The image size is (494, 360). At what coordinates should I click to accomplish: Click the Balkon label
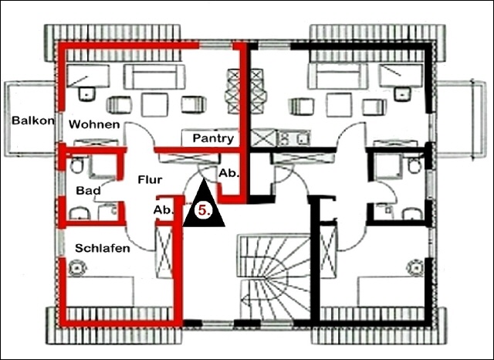pos(32,121)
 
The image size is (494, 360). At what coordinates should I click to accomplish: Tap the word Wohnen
pos(94,124)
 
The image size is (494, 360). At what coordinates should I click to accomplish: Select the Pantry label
pos(213,138)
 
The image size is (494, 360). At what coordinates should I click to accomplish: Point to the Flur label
pos(150,179)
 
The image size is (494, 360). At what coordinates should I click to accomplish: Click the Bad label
pos(89,190)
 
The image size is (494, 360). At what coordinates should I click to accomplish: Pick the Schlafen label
pos(103,248)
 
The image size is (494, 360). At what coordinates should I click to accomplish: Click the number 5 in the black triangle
pos(204,210)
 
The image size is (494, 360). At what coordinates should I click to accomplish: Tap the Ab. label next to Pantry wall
pos(228,173)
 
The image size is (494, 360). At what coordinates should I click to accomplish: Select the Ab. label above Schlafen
pos(164,210)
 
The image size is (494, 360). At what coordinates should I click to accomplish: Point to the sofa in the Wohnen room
pos(154,76)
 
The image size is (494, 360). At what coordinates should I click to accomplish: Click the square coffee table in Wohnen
pos(154,104)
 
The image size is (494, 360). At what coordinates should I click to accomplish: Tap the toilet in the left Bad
pos(76,165)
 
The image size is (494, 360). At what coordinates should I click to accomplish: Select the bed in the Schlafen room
pos(100,291)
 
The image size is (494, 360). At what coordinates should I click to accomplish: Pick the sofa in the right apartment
pos(338,76)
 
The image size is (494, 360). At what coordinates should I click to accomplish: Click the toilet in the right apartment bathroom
pos(414,165)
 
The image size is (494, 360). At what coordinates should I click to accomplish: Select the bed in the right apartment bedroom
pos(391,291)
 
